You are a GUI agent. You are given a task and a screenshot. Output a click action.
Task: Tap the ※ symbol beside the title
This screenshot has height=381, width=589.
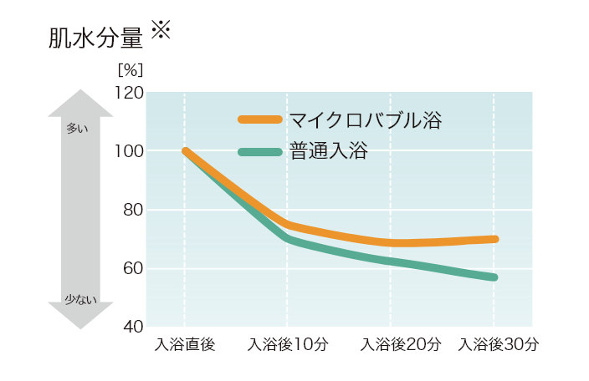pyautogui.click(x=160, y=31)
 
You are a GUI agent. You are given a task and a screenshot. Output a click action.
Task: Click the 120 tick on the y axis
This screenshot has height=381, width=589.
pyautogui.click(x=127, y=92)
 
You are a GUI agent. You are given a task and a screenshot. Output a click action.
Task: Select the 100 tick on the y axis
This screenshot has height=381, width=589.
pyautogui.click(x=127, y=151)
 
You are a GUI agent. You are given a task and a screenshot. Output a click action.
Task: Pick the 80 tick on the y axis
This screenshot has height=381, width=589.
pyautogui.click(x=131, y=211)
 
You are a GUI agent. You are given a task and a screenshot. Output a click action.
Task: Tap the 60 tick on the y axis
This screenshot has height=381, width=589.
pyautogui.click(x=131, y=269)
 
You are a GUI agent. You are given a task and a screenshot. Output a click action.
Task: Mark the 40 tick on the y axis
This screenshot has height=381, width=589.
pyautogui.click(x=131, y=326)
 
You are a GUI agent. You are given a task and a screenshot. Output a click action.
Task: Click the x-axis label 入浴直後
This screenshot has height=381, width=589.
pyautogui.click(x=185, y=345)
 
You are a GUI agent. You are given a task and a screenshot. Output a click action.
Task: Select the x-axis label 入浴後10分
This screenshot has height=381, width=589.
pyautogui.click(x=287, y=345)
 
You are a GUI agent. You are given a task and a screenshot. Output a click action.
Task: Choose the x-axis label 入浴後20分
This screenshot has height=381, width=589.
pyautogui.click(x=391, y=345)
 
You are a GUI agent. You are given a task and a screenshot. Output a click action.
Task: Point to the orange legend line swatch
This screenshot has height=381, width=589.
pyautogui.click(x=259, y=119)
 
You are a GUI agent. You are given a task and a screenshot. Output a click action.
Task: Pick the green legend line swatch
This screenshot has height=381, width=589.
pyautogui.click(x=259, y=152)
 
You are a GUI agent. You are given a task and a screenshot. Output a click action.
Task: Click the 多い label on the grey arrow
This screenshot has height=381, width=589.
pyautogui.click(x=76, y=129)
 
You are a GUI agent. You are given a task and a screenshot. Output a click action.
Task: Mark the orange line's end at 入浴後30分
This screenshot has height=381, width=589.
pyautogui.click(x=494, y=239)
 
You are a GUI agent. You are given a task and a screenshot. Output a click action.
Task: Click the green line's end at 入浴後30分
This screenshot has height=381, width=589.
pyautogui.click(x=494, y=277)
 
